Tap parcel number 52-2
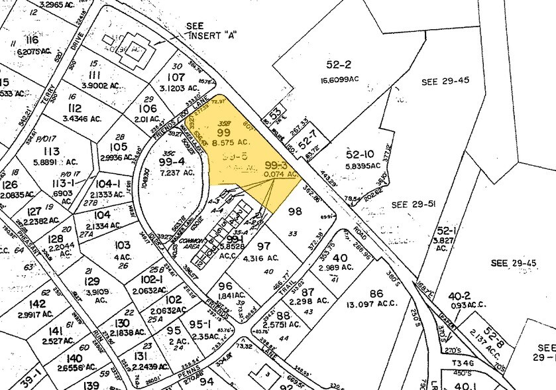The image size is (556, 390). click(338, 65)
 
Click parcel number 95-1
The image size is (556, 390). click(198, 324)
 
